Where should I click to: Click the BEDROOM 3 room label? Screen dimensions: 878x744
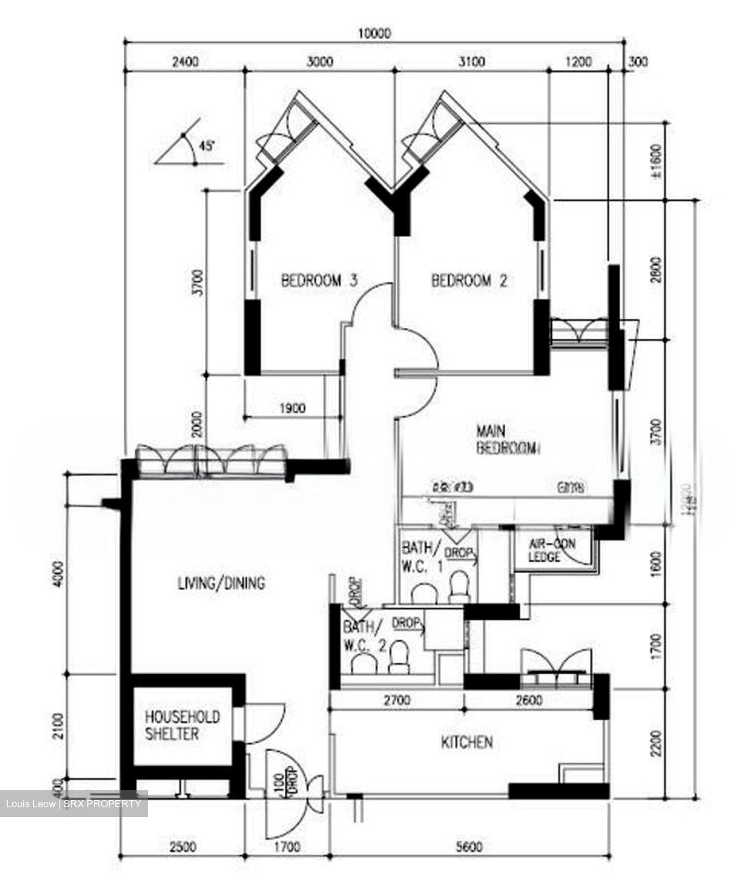318,281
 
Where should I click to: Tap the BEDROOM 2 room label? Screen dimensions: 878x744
469,281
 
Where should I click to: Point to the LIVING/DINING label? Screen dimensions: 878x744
221,584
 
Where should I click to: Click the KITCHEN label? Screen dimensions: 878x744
467,742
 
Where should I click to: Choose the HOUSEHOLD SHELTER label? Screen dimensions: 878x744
182,725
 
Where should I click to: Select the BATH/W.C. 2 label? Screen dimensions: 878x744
363,635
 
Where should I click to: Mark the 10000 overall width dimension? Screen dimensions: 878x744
374,34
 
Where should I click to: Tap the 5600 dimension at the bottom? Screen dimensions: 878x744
469,847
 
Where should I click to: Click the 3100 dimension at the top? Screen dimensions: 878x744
471,62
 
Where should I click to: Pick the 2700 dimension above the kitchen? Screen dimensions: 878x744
396,701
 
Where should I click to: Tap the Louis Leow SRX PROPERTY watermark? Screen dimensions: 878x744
73,804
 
